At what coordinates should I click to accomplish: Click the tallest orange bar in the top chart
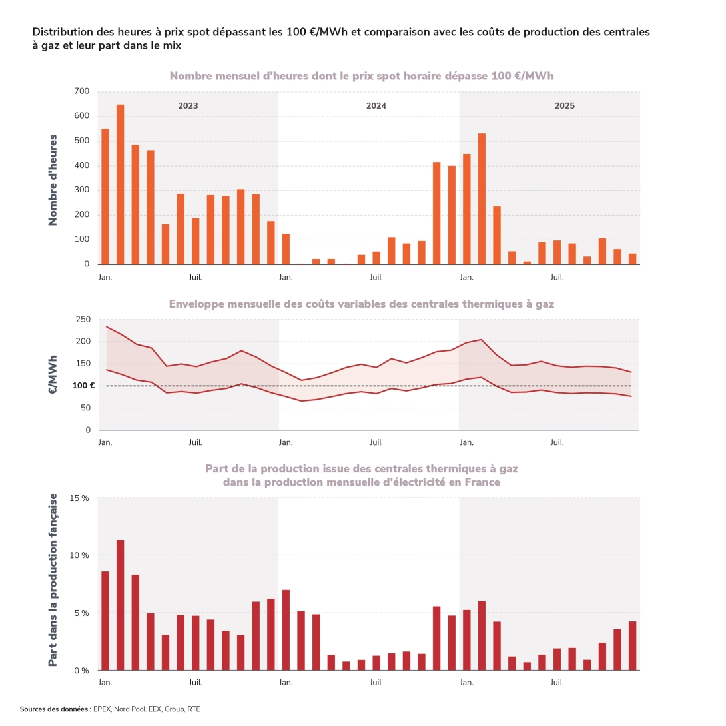pos(121,184)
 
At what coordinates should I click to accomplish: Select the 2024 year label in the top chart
pos(376,106)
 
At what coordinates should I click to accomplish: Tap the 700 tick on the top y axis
pos(82,91)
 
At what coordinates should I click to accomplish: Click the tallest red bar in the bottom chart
pos(121,605)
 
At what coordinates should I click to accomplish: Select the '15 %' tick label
pos(79,498)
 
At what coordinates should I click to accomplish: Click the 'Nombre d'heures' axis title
pos(53,180)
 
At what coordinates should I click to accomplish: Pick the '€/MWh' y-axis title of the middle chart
pos(53,375)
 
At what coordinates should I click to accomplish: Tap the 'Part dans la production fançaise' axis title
pos(53,579)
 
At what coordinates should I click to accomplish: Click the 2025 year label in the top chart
pos(564,106)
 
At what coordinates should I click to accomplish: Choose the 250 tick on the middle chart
pos(82,320)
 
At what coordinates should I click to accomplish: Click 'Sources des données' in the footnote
pos(55,709)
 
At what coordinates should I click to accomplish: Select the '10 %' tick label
pos(79,555)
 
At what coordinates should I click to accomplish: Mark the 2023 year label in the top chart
pos(188,106)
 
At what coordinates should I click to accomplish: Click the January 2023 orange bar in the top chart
pos(105,196)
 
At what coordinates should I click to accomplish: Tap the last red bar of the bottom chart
pos(632,645)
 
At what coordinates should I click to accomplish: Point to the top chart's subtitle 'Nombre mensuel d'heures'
pos(361,76)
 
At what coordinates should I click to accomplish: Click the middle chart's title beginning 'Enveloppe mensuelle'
pos(361,304)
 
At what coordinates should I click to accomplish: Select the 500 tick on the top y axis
pos(82,141)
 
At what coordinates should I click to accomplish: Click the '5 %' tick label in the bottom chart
pos(81,613)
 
